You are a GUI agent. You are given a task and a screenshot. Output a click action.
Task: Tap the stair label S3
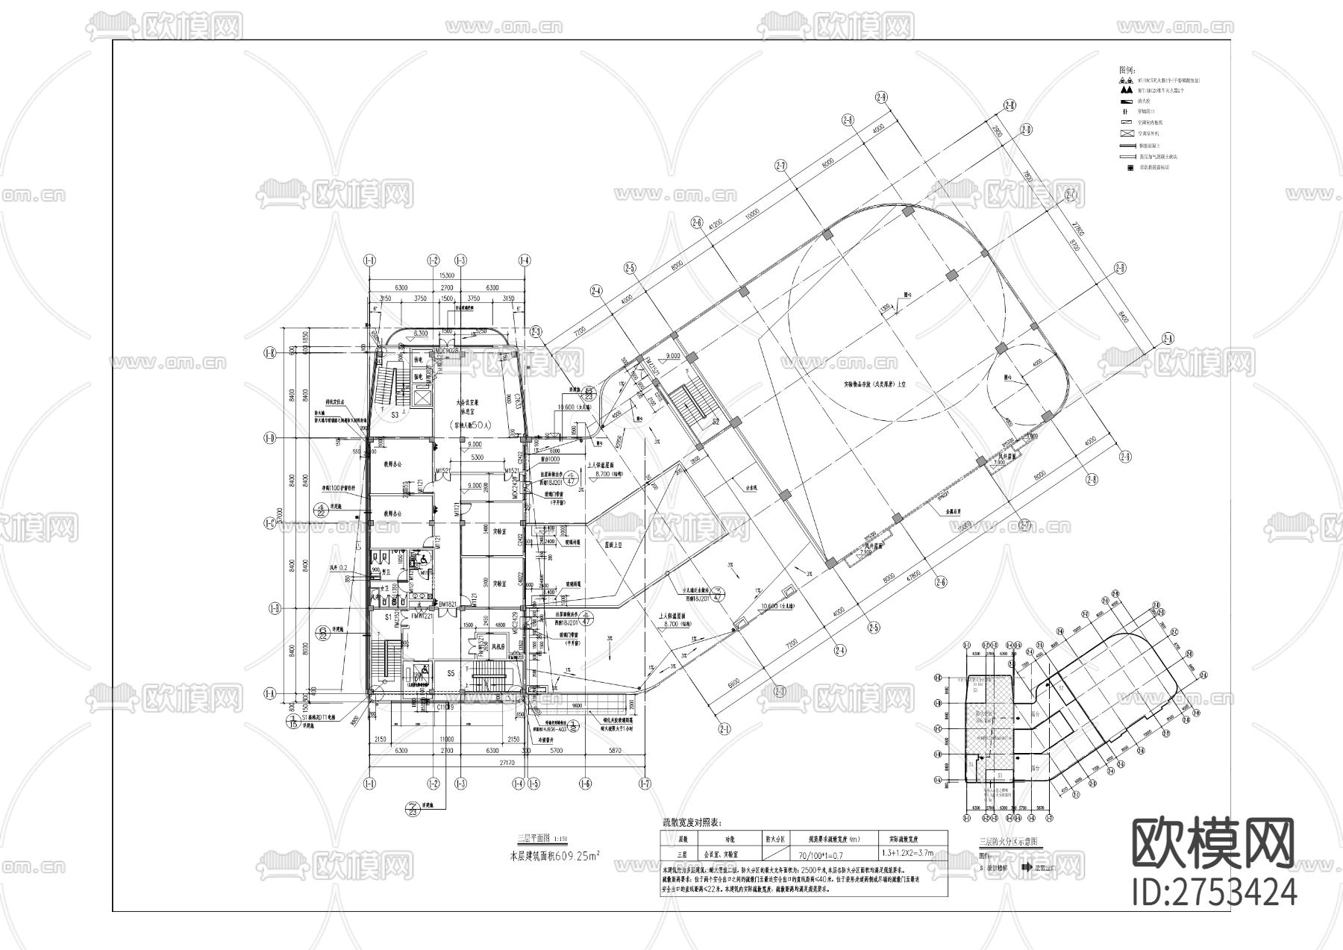point(393,414)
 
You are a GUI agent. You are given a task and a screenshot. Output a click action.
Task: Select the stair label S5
point(451,673)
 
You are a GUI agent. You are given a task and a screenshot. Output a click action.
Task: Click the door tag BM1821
point(426,604)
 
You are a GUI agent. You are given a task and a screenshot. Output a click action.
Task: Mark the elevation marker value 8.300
point(420,334)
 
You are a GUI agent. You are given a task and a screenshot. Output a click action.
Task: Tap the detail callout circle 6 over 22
point(322,510)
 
